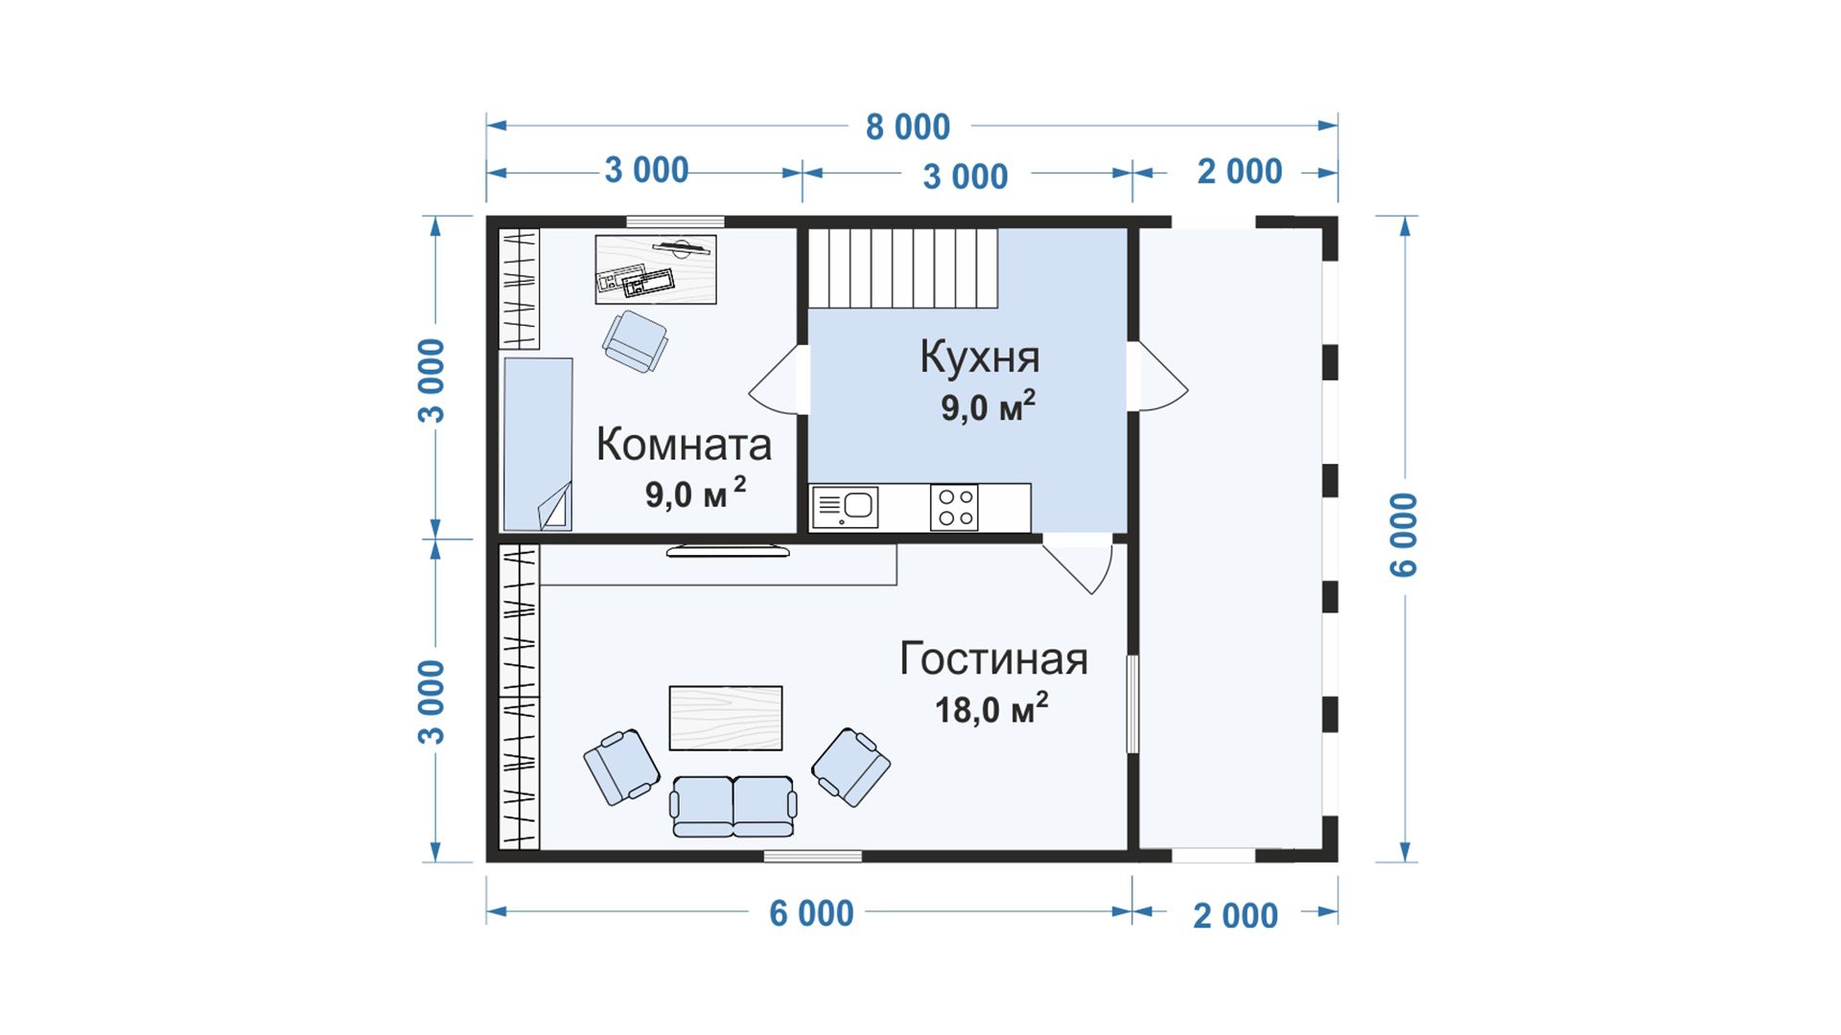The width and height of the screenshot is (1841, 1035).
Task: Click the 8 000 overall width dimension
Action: click(907, 127)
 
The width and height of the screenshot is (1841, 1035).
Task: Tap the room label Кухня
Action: click(980, 356)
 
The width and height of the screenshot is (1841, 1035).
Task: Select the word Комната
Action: click(684, 445)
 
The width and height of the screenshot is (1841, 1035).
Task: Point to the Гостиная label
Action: click(993, 659)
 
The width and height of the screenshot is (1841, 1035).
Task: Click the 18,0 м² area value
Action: click(991, 709)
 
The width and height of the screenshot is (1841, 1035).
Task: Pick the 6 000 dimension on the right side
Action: click(1403, 535)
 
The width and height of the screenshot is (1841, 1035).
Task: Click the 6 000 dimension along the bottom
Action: click(811, 914)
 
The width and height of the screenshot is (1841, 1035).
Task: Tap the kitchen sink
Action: click(845, 508)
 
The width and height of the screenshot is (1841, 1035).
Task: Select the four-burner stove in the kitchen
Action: click(954, 508)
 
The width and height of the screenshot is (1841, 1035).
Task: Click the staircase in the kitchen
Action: click(903, 267)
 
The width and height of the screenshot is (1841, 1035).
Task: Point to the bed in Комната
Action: click(538, 445)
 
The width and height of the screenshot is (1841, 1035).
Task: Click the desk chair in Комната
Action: click(635, 340)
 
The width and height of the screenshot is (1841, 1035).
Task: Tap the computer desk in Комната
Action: click(656, 269)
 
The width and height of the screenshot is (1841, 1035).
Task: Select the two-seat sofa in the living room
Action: click(734, 806)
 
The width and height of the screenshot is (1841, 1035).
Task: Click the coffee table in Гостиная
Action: click(726, 718)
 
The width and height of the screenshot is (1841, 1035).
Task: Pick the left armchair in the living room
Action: click(621, 767)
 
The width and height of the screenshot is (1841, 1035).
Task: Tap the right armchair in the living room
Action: click(851, 767)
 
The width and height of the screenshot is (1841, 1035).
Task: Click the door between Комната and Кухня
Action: click(778, 379)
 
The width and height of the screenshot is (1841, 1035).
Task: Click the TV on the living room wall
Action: click(728, 551)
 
